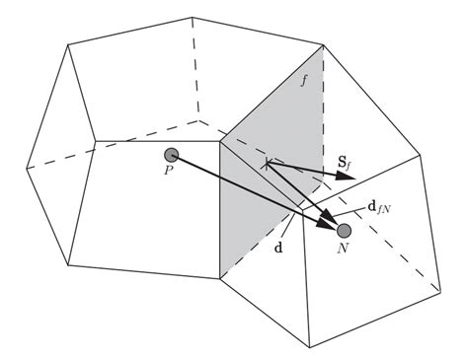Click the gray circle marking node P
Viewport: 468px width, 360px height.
tap(172, 155)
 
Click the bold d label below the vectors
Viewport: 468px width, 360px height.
tap(279, 247)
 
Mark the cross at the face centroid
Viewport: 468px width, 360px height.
tap(266, 164)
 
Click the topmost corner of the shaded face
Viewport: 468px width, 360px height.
tap(323, 45)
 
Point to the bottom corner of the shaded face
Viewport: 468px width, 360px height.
tap(218, 278)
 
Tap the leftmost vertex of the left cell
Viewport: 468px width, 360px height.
tap(26, 169)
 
